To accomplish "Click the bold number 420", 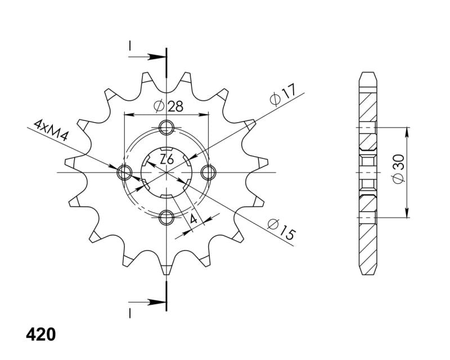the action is tap(40, 335).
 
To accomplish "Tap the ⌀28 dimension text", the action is tap(168, 106).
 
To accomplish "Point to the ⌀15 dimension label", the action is tap(281, 229).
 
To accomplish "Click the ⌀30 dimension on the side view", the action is tap(398, 169).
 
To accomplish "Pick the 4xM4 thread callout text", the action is tap(51, 130).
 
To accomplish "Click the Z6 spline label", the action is tap(166, 159).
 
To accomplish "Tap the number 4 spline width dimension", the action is tap(193, 219).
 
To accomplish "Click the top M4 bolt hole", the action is tap(166, 127).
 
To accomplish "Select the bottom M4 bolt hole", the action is tap(166, 217).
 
